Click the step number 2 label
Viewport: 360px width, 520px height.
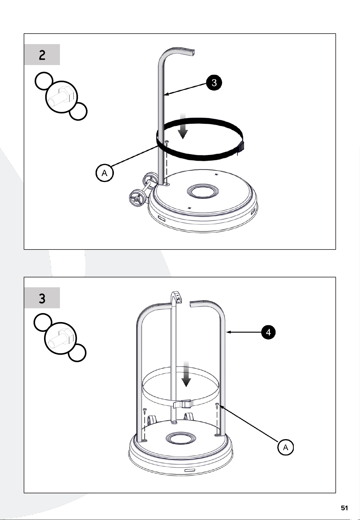tap(42, 55)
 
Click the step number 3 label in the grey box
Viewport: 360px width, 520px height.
tap(42, 298)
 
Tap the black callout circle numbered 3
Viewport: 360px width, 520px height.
tap(214, 82)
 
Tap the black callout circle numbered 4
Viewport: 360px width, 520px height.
tap(268, 332)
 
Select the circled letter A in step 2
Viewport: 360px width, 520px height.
tap(105, 173)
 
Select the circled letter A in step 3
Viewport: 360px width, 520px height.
tap(285, 448)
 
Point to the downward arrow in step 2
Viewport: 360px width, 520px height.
tap(182, 126)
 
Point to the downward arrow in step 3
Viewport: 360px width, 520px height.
tap(186, 374)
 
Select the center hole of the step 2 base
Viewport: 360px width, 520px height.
tap(202, 192)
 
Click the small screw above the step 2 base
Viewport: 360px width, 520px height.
tap(167, 143)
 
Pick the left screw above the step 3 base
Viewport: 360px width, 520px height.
tap(145, 411)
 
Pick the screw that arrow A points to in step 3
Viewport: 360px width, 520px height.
tap(217, 406)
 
